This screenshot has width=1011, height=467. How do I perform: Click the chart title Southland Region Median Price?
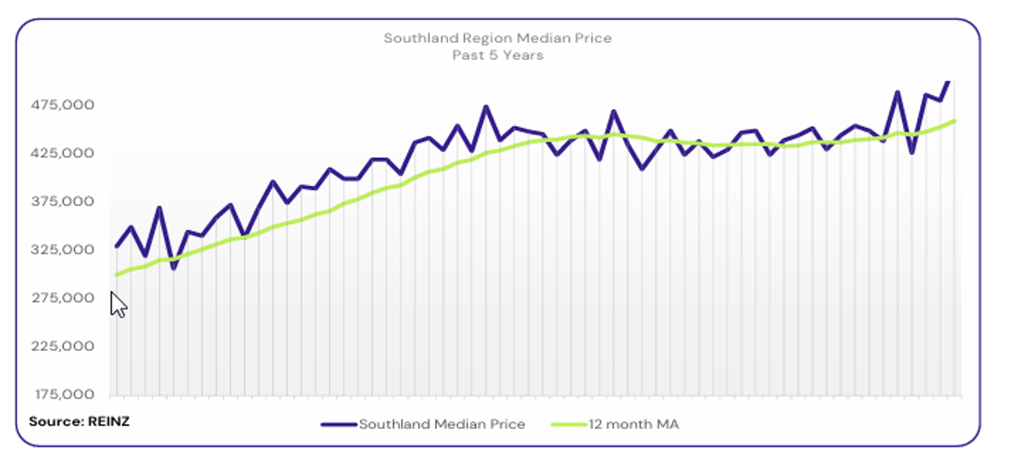pyautogui.click(x=498, y=38)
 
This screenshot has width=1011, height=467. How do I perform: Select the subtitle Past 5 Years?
pyautogui.click(x=498, y=55)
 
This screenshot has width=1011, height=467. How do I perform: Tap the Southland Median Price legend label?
pyautogui.click(x=442, y=424)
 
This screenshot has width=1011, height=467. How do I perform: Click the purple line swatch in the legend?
pyautogui.click(x=339, y=424)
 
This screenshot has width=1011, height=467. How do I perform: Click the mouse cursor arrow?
pyautogui.click(x=117, y=304)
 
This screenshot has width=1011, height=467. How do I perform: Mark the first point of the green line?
pyautogui.click(x=117, y=275)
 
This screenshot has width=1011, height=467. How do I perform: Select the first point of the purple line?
pyautogui.click(x=117, y=247)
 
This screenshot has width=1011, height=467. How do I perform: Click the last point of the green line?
pyautogui.click(x=954, y=121)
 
